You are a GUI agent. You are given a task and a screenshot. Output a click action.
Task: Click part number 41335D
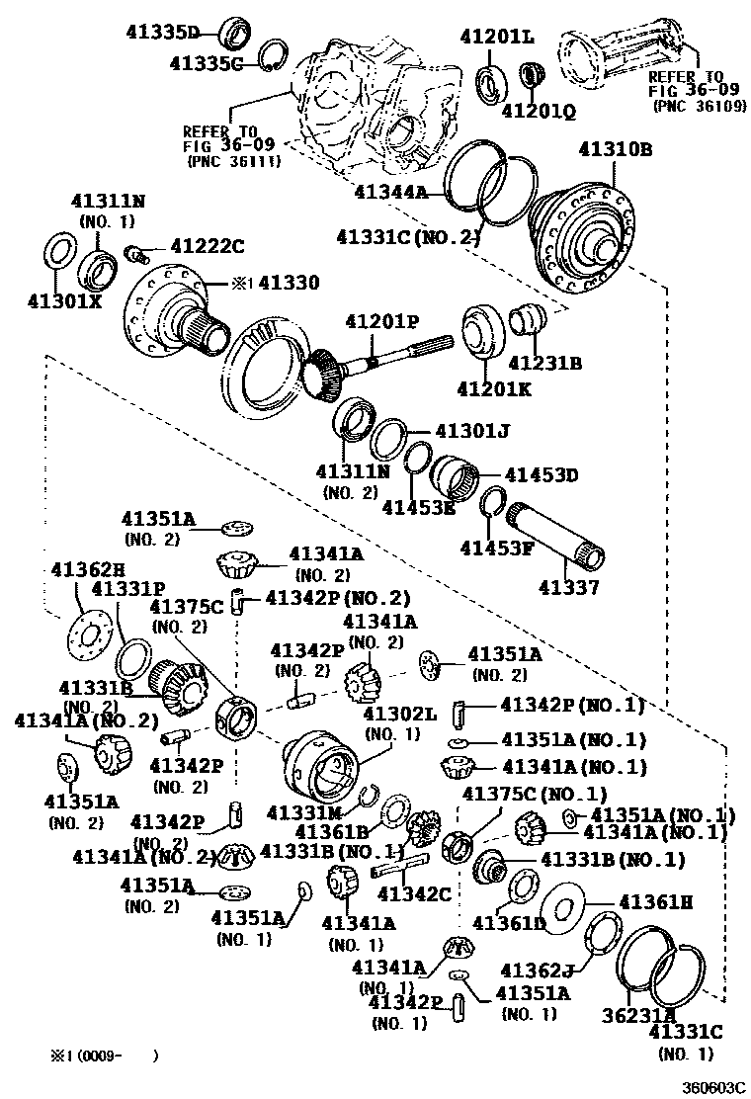(162, 33)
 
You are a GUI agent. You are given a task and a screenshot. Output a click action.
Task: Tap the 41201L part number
(496, 38)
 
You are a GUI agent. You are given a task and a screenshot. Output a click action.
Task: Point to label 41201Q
(538, 111)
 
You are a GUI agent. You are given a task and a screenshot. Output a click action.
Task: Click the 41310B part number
(615, 151)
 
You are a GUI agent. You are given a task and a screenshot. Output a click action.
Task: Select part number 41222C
(207, 246)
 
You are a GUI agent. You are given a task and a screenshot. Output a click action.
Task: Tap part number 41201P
(380, 323)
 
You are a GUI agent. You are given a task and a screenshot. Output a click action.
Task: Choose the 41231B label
(544, 363)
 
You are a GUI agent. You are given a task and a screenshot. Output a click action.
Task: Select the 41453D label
(541, 475)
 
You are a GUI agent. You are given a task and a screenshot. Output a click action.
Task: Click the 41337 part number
(568, 588)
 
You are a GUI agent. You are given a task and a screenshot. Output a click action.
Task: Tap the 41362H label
(87, 569)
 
